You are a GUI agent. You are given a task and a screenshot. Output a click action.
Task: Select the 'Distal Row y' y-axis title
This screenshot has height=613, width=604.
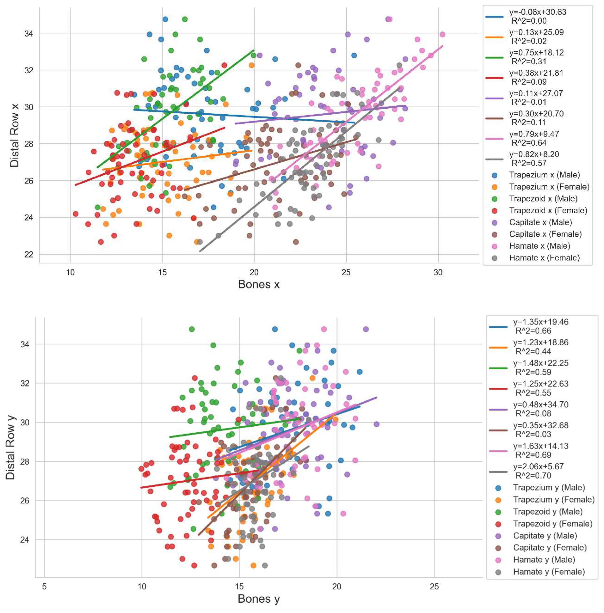11,447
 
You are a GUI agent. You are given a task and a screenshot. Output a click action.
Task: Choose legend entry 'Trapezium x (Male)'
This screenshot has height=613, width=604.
544,175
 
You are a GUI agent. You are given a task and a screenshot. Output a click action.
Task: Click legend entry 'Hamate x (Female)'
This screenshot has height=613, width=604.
544,258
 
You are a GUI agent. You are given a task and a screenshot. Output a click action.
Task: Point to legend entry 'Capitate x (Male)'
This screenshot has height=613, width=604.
541,222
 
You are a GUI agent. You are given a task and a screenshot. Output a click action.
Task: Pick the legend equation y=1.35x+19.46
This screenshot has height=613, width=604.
541,322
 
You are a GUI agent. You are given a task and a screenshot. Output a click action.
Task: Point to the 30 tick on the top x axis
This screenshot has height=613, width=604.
438,272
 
